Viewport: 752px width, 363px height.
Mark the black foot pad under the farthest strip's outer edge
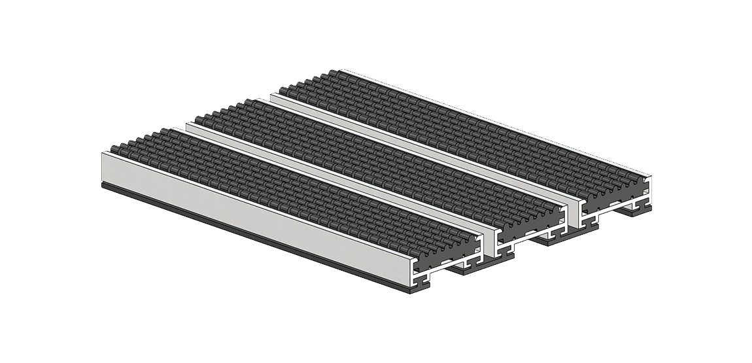pos(638,210)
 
